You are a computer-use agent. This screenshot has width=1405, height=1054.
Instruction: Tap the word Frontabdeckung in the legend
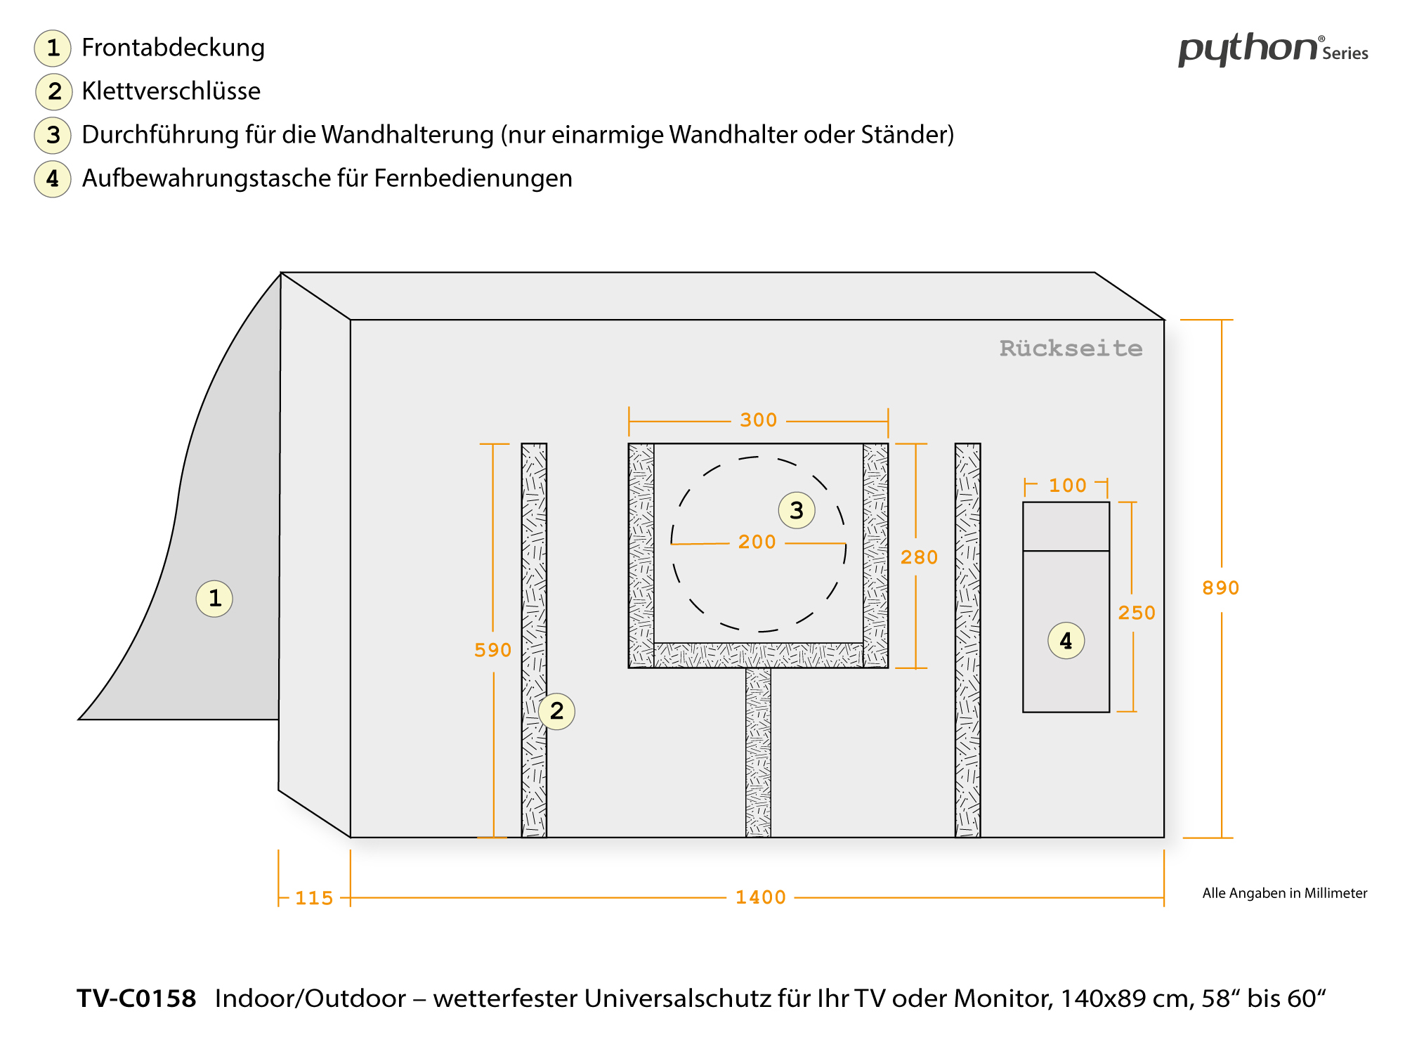173,48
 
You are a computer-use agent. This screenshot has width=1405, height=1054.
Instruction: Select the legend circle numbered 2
54,91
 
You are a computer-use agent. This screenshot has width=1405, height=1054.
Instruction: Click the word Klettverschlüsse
171,91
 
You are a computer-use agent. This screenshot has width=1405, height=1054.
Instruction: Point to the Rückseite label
1071,349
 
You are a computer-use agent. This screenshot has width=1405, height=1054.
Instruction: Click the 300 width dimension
758,420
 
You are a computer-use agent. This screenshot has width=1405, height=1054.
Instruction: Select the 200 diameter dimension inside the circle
757,542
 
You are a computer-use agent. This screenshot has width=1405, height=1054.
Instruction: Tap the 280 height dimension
919,557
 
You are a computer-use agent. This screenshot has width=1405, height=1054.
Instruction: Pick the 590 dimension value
492,650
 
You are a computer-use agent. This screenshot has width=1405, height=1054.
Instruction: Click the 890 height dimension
1220,588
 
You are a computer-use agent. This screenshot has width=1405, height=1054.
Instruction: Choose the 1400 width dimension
760,897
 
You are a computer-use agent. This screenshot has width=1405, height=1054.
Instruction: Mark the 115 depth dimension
313,898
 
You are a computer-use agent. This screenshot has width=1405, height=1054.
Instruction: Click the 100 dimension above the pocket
1067,486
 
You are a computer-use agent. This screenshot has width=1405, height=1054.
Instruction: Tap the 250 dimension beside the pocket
1136,613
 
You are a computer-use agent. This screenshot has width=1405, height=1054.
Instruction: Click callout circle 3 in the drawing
797,510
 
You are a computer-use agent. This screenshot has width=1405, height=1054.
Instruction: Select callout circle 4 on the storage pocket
1066,640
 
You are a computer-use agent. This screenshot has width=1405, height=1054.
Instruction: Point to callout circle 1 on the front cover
214,599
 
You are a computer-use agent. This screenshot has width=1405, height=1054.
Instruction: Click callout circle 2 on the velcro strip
556,711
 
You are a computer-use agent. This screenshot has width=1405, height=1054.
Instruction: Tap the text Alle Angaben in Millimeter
1284,893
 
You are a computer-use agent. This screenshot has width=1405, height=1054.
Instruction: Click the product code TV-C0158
136,998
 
